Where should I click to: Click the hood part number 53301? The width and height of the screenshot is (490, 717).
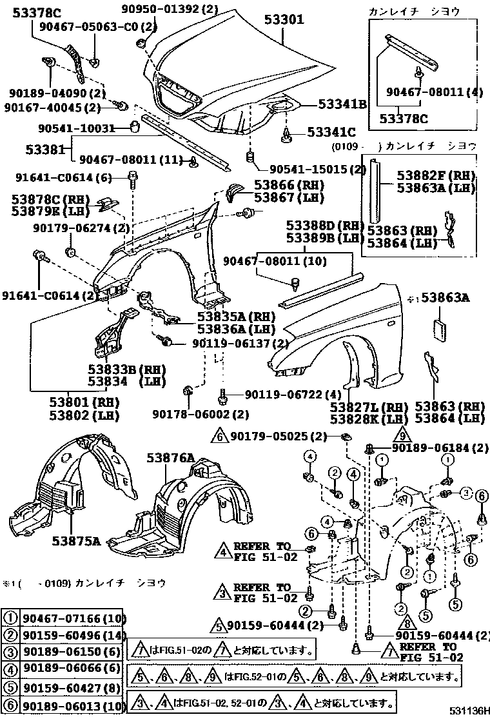coord(284,20)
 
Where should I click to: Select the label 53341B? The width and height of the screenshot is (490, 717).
coord(341,104)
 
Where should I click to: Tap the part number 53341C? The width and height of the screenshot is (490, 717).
coord(331,133)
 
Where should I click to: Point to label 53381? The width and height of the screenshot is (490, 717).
coord(45,150)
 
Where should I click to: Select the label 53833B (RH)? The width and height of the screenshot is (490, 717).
coord(126,369)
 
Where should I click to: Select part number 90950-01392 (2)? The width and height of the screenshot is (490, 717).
coord(170,8)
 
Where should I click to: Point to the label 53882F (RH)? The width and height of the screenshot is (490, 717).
coord(436,176)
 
